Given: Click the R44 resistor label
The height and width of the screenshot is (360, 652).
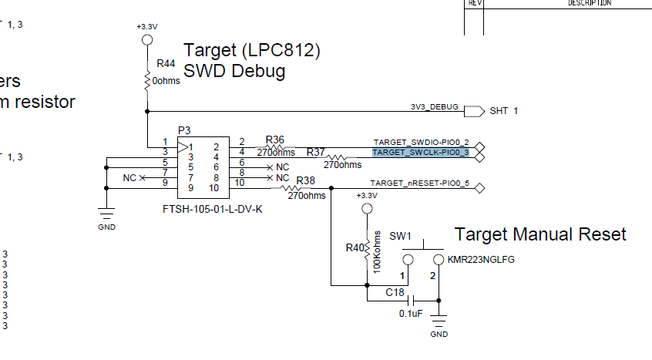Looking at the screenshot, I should pos(166,63).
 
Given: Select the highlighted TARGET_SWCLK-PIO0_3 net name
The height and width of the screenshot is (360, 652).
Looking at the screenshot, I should pos(421,153).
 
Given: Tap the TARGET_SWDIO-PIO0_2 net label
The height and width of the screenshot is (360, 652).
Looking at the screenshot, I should pos(421,143).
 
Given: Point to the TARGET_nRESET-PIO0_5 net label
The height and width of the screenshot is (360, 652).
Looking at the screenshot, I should pos(420,183).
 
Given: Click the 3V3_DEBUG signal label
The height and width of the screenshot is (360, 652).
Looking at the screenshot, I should pos(434,106).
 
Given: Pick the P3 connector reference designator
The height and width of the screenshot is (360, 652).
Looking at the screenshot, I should pos(183,131).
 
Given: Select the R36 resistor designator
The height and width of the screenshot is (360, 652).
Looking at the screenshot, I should pos(275,140).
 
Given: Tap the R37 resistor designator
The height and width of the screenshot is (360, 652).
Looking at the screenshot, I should pos(316,153).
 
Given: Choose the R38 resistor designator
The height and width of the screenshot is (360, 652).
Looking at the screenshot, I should pos(306,180).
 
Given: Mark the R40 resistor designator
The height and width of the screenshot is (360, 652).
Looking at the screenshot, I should pos(355,248).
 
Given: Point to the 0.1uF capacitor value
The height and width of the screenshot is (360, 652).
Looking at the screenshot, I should pos(411,314).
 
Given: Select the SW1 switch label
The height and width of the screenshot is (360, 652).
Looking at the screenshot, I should pos(401,235).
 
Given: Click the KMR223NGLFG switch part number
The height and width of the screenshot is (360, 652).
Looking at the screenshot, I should pos(480,260).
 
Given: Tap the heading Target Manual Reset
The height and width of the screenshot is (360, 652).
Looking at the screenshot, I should pos(540,234).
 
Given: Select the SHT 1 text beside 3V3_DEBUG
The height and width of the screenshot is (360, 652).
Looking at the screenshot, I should pos(504,111).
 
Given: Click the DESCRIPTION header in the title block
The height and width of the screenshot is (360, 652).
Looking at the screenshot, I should pos(590,3).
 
